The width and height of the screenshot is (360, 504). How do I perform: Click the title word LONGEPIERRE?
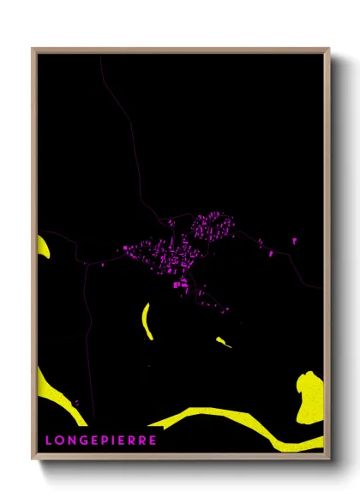pos(100,441)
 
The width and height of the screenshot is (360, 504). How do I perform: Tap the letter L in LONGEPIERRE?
pos(49,441)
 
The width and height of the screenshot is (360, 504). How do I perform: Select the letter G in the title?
pos(81,441)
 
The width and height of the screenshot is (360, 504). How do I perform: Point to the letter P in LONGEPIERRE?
pos(102,441)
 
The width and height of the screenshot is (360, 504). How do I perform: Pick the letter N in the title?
pos(70,441)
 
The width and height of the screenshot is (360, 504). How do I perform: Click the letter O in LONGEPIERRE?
pos(59,441)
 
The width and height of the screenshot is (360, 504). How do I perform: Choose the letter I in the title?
pos(112,441)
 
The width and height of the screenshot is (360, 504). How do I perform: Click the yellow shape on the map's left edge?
pos(43,247)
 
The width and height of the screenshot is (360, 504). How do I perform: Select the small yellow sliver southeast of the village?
pos(224,343)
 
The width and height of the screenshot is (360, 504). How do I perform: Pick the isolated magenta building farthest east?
pos(294,241)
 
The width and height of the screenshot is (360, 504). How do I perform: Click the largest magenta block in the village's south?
pos(182,282)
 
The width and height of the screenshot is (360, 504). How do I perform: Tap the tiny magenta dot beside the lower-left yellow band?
pos(75,401)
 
